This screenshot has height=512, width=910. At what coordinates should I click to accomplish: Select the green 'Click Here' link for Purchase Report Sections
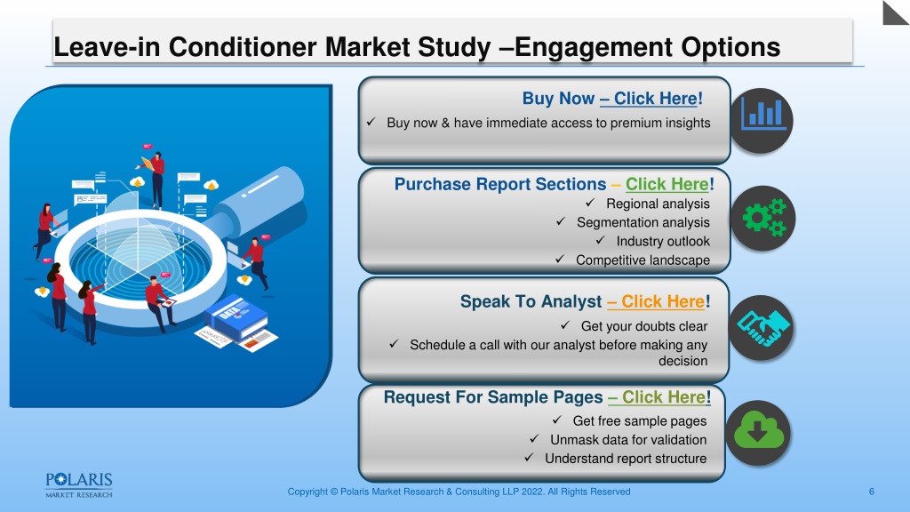(667, 184)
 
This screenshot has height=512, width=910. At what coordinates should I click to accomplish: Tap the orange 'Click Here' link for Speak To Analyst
(656, 302)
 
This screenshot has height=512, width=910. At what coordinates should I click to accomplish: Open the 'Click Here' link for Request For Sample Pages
(659, 397)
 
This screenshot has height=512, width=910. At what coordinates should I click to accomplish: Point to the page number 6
(871, 492)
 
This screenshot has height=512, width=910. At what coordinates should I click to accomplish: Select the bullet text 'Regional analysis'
(658, 204)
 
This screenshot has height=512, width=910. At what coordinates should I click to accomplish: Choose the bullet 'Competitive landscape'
(643, 260)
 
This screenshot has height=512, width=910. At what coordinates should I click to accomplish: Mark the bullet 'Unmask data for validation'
(628, 439)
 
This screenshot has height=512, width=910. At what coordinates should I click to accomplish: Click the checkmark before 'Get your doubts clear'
(565, 325)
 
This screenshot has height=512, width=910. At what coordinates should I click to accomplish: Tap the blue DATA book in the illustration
(235, 316)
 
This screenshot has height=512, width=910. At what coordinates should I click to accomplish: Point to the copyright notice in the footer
(459, 492)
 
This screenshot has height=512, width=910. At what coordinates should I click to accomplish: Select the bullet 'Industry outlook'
(663, 241)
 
